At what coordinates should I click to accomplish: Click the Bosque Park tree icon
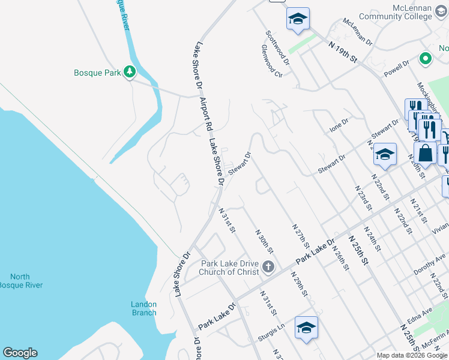(129, 73)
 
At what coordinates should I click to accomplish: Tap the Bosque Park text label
(97, 73)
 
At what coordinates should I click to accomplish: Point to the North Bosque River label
(20, 281)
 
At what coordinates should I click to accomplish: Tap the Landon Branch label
(144, 308)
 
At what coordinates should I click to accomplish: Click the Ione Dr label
(339, 126)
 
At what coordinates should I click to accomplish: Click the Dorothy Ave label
(430, 264)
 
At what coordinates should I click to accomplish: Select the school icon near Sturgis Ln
(306, 328)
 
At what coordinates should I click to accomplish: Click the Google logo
(20, 353)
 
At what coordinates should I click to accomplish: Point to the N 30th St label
(264, 241)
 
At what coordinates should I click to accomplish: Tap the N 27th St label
(301, 236)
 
